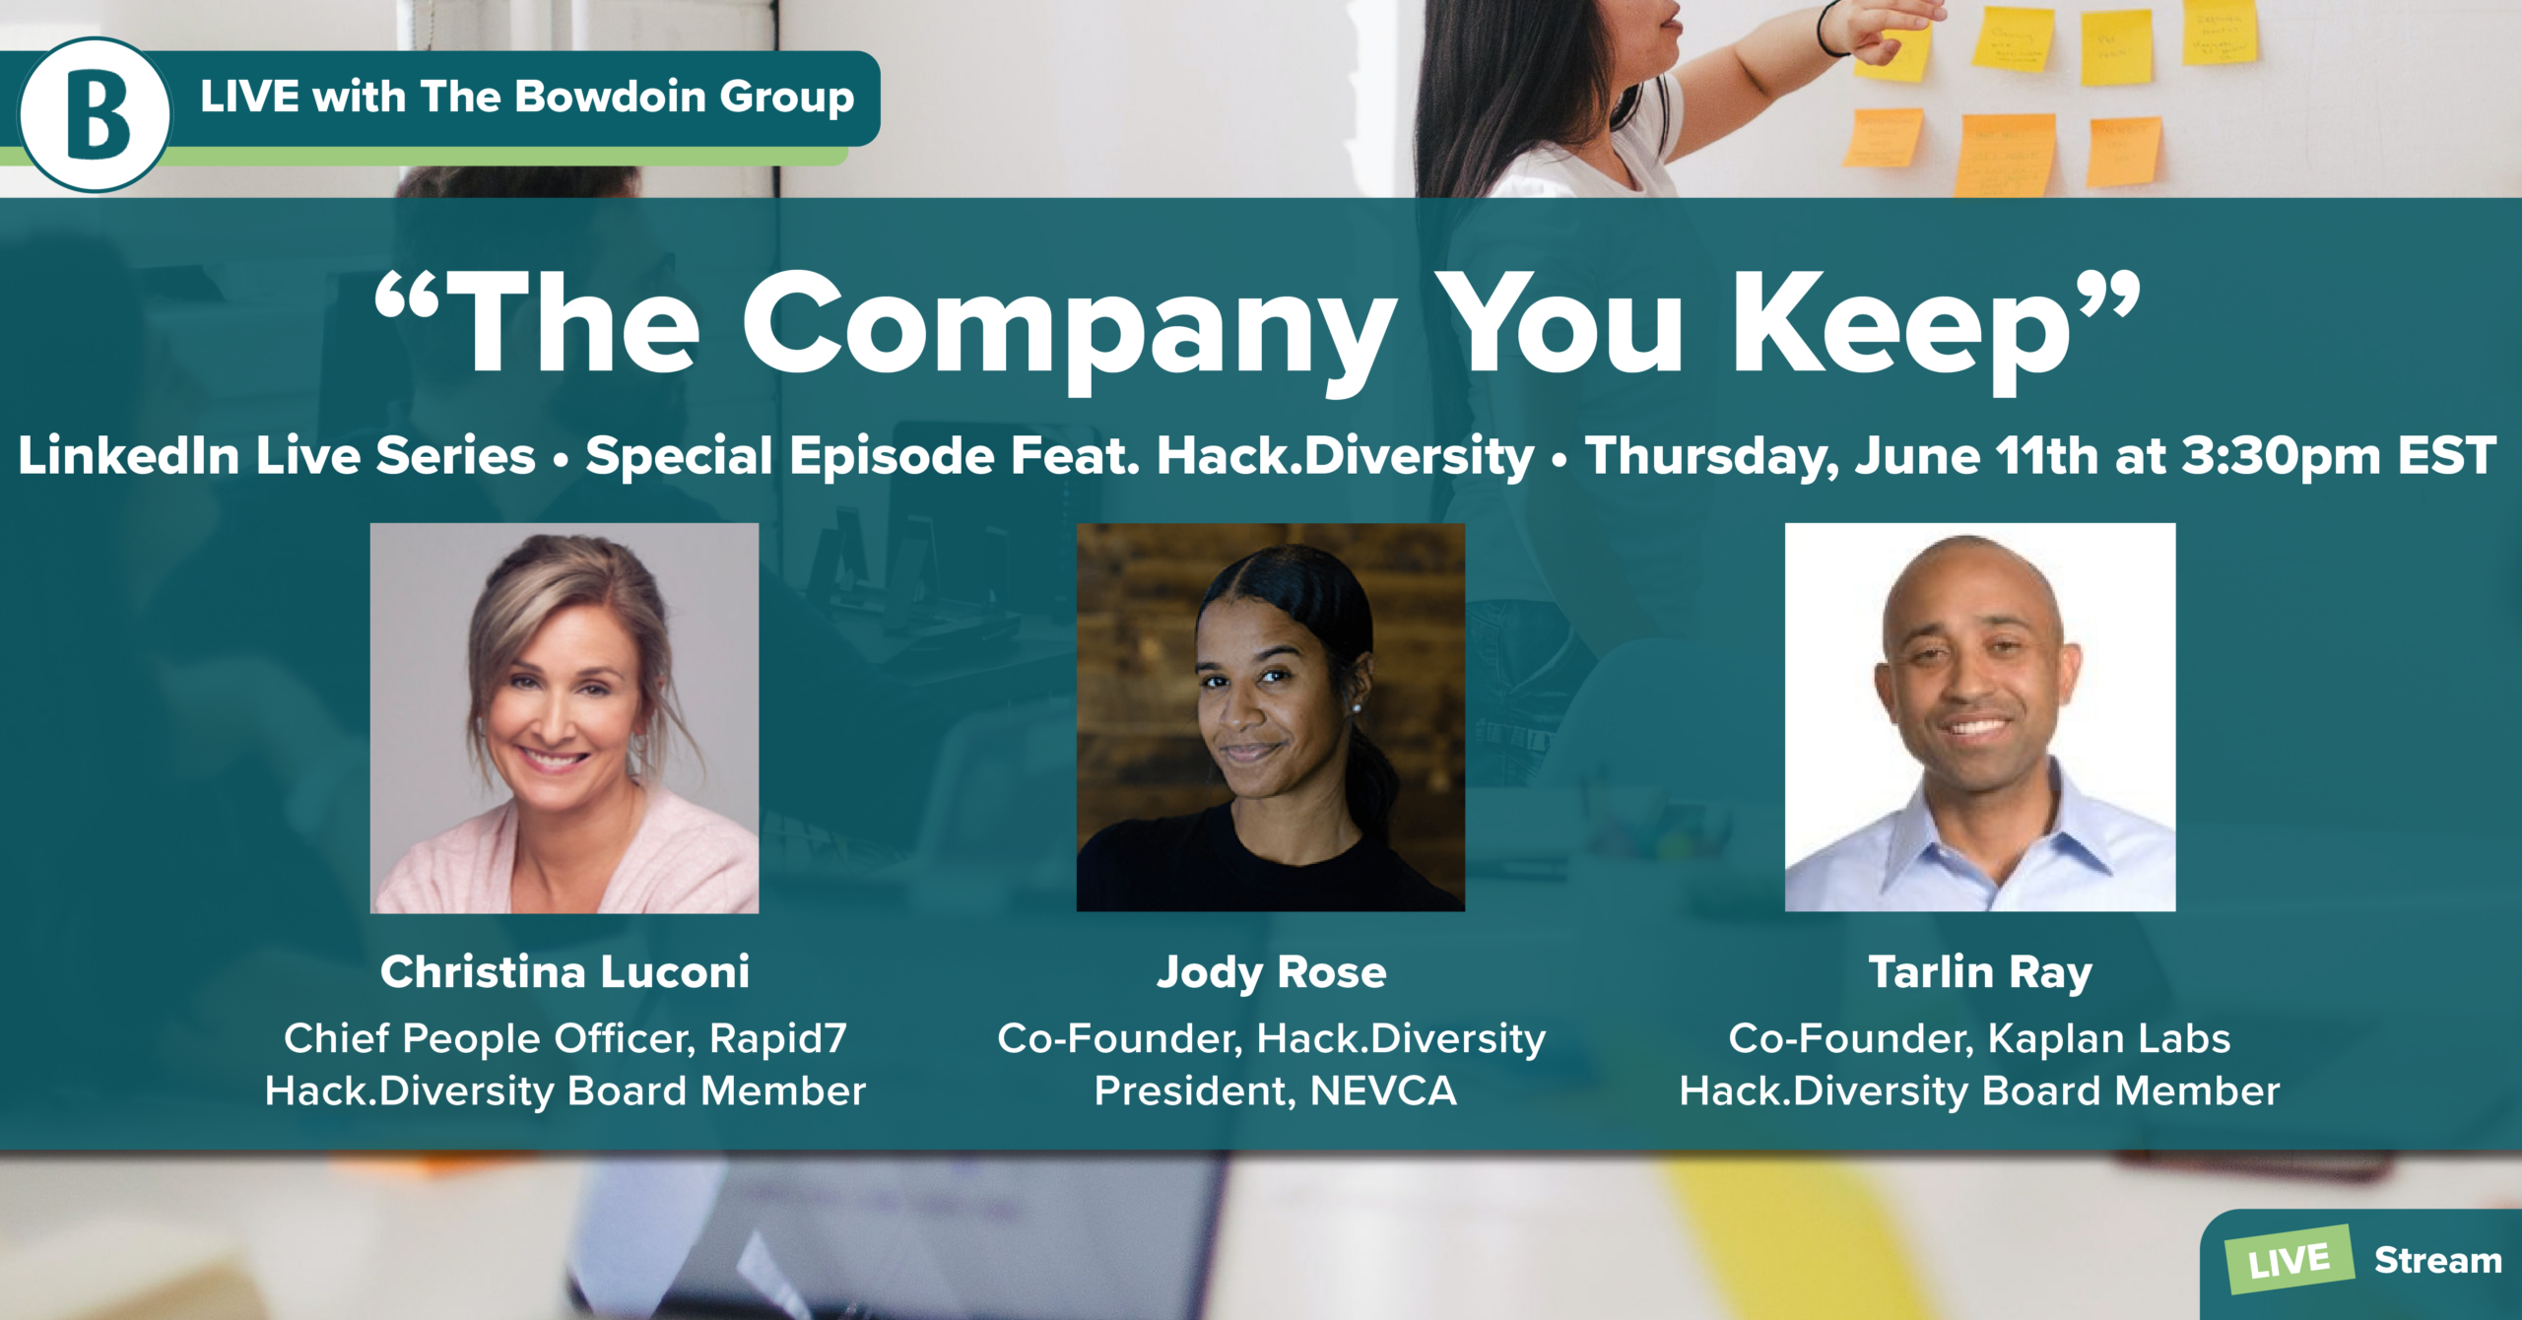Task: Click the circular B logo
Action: click(95, 114)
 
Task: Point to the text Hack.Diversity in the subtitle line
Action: click(1346, 456)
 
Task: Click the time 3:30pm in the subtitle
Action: click(2281, 456)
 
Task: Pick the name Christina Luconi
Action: click(564, 972)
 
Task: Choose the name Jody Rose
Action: click(1271, 973)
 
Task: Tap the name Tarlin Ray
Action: click(1980, 973)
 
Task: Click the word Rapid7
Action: click(777, 1038)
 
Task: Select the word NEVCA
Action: click(1383, 1091)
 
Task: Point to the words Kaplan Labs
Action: click(2108, 1038)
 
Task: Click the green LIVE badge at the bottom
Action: click(2290, 1260)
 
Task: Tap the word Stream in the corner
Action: click(2437, 1260)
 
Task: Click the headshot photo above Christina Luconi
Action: click(564, 718)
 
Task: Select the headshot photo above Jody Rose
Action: click(1271, 717)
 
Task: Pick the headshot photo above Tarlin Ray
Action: click(1980, 717)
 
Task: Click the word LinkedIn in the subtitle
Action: click(128, 456)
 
